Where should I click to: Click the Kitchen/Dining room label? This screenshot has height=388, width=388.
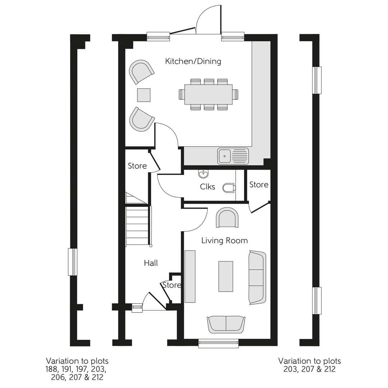[193, 61]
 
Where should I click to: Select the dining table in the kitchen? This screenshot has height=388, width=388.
[208, 94]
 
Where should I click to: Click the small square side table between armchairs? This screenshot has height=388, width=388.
[144, 95]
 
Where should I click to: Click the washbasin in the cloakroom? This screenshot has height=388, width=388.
[203, 174]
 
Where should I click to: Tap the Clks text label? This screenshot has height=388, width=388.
[207, 187]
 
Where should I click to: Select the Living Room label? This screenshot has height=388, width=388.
[224, 240]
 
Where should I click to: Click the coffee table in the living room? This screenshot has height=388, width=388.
[226, 276]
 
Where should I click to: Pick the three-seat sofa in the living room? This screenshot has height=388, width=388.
[257, 278]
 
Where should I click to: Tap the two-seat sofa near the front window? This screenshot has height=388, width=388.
[226, 324]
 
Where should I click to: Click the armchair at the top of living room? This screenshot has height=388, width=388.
[227, 218]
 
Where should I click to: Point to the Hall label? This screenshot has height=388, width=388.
[151, 263]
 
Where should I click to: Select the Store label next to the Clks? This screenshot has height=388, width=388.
[259, 185]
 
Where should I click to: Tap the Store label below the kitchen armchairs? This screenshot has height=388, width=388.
[137, 166]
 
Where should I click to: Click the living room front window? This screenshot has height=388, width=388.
[218, 343]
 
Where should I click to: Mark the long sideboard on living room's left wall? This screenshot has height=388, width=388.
[190, 277]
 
